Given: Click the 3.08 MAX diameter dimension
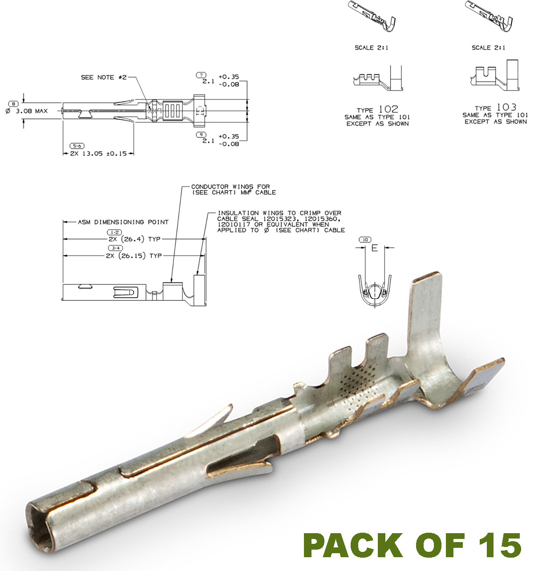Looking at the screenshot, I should click(32, 111).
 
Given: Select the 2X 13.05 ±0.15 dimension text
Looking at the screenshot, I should click(98, 154).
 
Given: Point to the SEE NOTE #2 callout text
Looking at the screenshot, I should click(104, 77).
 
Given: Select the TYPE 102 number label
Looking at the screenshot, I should click(388, 109).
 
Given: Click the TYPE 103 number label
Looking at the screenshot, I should click(506, 107).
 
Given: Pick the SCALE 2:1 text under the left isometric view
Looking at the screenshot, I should click(371, 48).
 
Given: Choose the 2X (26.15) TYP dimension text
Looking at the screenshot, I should click(133, 256).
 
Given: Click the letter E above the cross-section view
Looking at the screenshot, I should click(374, 248).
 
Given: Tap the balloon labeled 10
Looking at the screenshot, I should click(365, 240).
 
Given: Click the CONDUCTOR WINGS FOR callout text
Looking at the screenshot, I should click(231, 187).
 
